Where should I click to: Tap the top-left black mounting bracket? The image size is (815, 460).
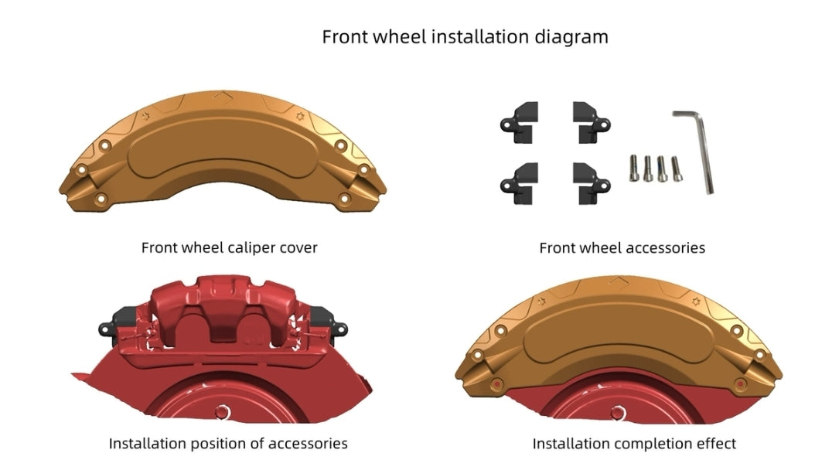point(522,121)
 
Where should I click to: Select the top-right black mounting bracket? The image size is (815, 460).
point(589,121)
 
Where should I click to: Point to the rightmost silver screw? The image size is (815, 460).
point(677,168)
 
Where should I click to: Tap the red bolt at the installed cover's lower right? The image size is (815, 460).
point(741,384)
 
